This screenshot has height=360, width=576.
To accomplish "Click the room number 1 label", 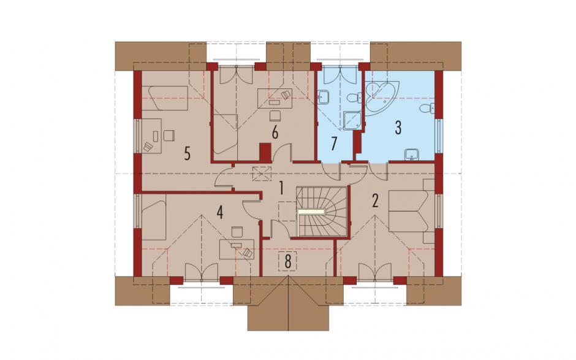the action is pyautogui.click(x=281, y=188).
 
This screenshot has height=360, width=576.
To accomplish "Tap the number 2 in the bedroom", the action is pyautogui.click(x=375, y=201).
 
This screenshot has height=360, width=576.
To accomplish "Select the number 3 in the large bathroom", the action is pyautogui.click(x=398, y=127).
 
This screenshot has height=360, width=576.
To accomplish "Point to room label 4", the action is pyautogui.click(x=219, y=213).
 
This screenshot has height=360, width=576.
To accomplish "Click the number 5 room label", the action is pyautogui.click(x=188, y=154).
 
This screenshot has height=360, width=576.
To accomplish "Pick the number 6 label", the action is pyautogui.click(x=275, y=132).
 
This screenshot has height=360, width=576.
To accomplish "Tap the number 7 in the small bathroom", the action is pyautogui.click(x=333, y=144).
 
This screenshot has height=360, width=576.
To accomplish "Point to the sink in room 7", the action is pyautogui.click(x=324, y=98).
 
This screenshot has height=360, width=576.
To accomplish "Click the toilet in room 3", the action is pyautogui.click(x=428, y=108).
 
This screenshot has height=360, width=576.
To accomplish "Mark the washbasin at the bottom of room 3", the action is pyautogui.click(x=412, y=155).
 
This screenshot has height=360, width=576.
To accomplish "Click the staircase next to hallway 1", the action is pyautogui.click(x=322, y=212).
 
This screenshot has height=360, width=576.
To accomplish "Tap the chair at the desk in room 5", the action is pyautogui.click(x=169, y=135).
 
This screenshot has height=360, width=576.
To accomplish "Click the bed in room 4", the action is pyautogui.click(x=154, y=217).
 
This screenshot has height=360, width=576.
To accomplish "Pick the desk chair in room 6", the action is pyautogui.click(x=275, y=116).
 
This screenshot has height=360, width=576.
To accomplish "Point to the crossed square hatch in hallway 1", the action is pyautogui.click(x=262, y=174).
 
